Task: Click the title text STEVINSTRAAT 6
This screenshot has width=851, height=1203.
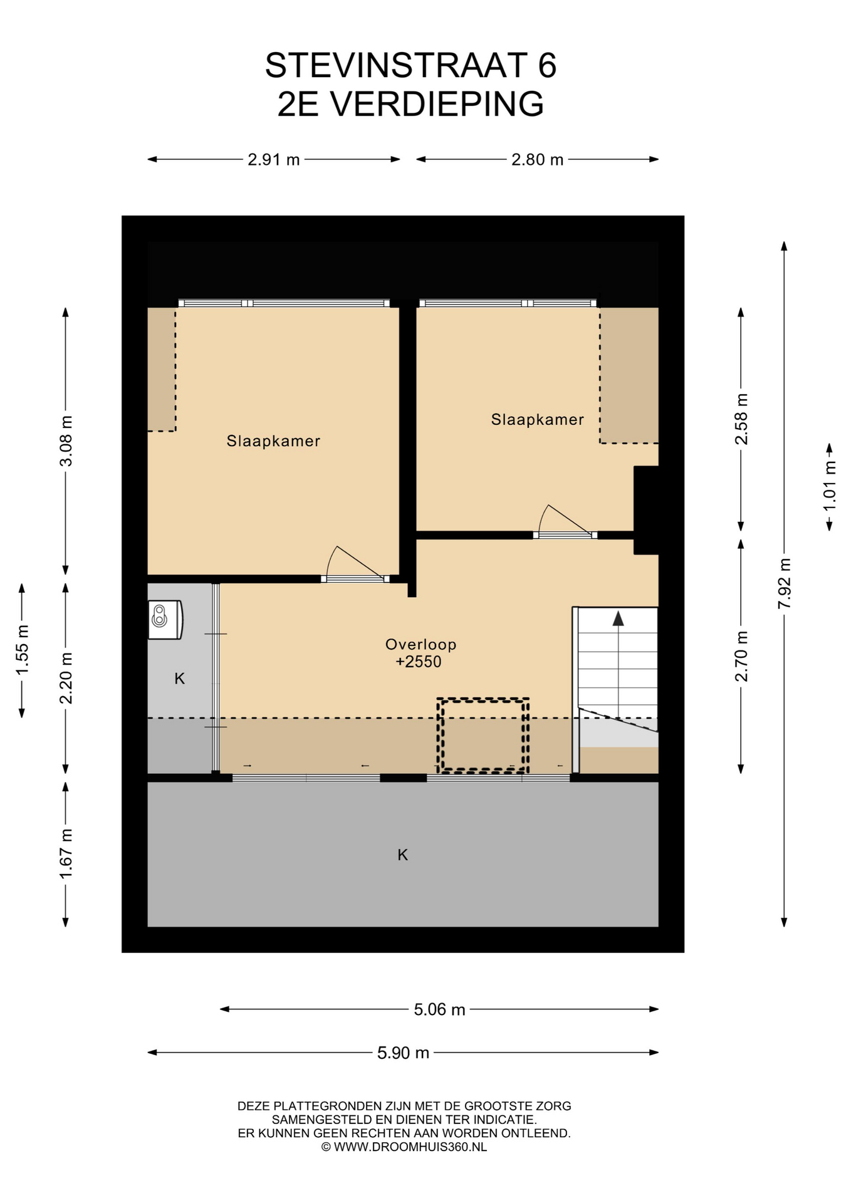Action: [410, 65]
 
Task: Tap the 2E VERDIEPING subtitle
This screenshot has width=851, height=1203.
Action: [410, 103]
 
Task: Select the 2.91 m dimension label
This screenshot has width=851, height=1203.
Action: [274, 160]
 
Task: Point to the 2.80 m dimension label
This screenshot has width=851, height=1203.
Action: [538, 160]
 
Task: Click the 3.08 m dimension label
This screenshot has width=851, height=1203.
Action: [66, 440]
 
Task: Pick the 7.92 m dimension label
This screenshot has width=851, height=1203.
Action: [784, 583]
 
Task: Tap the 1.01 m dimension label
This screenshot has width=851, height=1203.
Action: [830, 486]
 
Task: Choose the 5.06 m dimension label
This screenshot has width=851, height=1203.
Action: [439, 1009]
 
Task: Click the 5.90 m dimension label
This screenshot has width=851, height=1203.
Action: [403, 1053]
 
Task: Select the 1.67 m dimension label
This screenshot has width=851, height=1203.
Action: [66, 853]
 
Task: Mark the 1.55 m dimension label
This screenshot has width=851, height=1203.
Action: [22, 650]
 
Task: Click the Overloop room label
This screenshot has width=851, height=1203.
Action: [420, 644]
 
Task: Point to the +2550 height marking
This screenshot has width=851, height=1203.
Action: [419, 662]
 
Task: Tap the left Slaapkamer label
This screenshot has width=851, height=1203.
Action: [273, 441]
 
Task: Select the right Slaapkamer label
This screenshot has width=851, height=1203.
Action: [537, 420]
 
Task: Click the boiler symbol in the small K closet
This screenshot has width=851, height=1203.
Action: [165, 620]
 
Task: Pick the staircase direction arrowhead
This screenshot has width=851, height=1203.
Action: [619, 618]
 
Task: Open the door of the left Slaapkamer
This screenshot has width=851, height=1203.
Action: [355, 565]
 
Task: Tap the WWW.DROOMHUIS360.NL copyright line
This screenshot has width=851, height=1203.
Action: [404, 1147]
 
